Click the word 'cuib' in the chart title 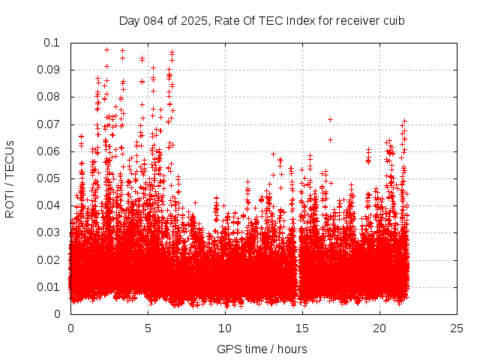tap(394, 21)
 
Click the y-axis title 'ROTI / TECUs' tap(10, 178)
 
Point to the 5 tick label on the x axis tap(148, 328)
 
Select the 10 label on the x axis tap(225, 328)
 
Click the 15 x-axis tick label tap(302, 328)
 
